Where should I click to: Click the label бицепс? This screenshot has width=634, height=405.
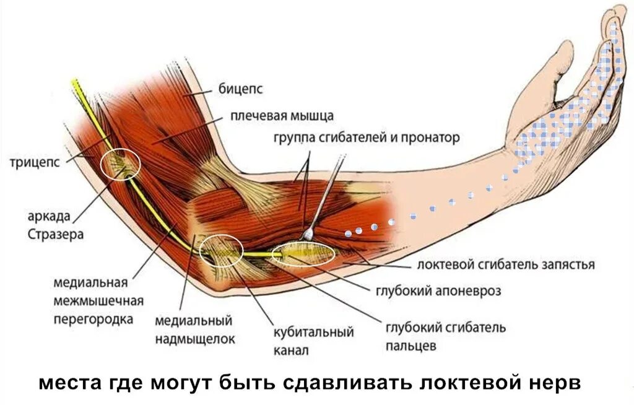240,89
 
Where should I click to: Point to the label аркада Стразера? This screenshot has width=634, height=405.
56,226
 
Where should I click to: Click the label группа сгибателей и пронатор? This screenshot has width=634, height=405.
367,137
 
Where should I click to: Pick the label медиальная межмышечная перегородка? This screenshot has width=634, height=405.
99,301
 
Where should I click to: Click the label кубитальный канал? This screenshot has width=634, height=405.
313,341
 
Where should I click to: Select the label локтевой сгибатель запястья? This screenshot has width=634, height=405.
506,265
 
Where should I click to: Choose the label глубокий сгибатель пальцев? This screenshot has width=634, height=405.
446,336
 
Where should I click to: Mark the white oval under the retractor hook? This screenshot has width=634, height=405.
303,253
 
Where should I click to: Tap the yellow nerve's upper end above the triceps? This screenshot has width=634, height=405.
75,82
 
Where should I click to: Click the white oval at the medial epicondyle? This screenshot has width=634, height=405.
221,251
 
